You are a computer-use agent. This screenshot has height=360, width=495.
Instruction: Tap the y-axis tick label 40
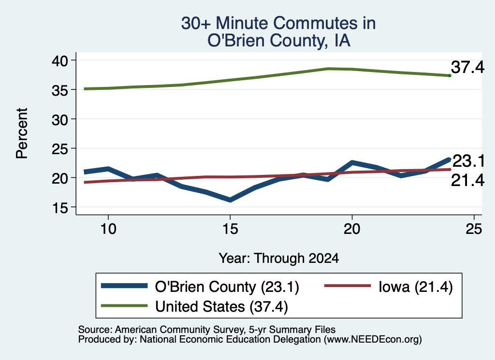(x=60, y=60)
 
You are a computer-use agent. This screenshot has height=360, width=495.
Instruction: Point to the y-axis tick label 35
(x=60, y=90)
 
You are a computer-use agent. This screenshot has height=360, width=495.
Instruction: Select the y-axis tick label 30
(x=60, y=120)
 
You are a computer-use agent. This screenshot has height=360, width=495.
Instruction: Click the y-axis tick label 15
(x=60, y=208)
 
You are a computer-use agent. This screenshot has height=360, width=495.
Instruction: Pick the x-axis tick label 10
(x=108, y=229)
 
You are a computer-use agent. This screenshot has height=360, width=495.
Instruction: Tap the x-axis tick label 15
(x=230, y=229)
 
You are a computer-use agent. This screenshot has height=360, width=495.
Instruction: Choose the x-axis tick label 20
(x=352, y=229)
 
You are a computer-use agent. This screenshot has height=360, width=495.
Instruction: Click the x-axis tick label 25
(x=474, y=229)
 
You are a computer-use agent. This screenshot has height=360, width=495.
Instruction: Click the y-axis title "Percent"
(x=22, y=133)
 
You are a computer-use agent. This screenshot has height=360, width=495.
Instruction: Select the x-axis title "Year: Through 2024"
(x=279, y=258)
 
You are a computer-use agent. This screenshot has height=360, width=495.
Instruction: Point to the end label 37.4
(x=467, y=67)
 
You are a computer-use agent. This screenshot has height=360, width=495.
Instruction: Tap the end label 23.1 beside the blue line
(x=468, y=161)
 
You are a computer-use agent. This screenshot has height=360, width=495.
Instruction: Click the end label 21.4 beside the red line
(x=467, y=180)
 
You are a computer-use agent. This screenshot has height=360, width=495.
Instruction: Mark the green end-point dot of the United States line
(x=450, y=76)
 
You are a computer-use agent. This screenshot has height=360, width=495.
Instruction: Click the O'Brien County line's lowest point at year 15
(x=230, y=200)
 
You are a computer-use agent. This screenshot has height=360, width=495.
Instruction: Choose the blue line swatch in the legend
(x=124, y=286)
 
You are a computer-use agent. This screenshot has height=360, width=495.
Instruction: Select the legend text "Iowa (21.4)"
(x=415, y=287)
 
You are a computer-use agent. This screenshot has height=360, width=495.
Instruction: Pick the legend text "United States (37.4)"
(x=221, y=307)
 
